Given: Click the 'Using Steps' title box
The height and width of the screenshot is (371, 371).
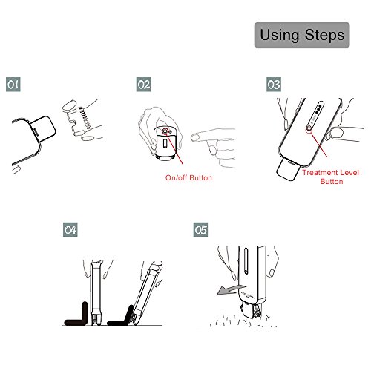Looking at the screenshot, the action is tap(302, 35).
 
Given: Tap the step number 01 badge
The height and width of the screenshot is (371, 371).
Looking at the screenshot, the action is tap(13, 85).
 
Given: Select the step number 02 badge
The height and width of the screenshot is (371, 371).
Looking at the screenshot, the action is tap(143, 85).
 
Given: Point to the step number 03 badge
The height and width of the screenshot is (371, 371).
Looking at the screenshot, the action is tap(274, 85).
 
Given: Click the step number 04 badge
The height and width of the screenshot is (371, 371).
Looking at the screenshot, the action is tap(70, 230).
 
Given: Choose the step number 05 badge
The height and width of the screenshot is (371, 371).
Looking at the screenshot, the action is tap(200, 230).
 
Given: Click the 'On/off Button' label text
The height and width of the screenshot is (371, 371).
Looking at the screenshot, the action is tap(188, 177).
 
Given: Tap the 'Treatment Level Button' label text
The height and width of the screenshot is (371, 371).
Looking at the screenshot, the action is tap(331, 177).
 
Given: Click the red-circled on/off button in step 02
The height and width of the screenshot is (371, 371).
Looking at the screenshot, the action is tap(165, 131).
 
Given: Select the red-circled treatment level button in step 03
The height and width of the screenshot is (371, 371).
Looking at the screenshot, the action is tap(309, 128).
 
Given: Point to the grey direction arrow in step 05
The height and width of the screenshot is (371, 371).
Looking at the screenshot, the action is tap(231, 289).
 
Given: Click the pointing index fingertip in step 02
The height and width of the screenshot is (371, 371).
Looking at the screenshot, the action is tap(194, 137).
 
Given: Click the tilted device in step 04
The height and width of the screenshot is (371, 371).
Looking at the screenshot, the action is tap(147, 293).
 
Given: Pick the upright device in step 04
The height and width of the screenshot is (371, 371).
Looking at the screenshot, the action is tap(96, 293).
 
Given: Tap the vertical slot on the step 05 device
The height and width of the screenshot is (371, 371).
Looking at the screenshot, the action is tap(246, 261).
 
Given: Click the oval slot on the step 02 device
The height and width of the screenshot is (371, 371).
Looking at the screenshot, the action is tap(165, 145).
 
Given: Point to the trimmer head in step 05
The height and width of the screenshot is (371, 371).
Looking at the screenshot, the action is tap(251, 311).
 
